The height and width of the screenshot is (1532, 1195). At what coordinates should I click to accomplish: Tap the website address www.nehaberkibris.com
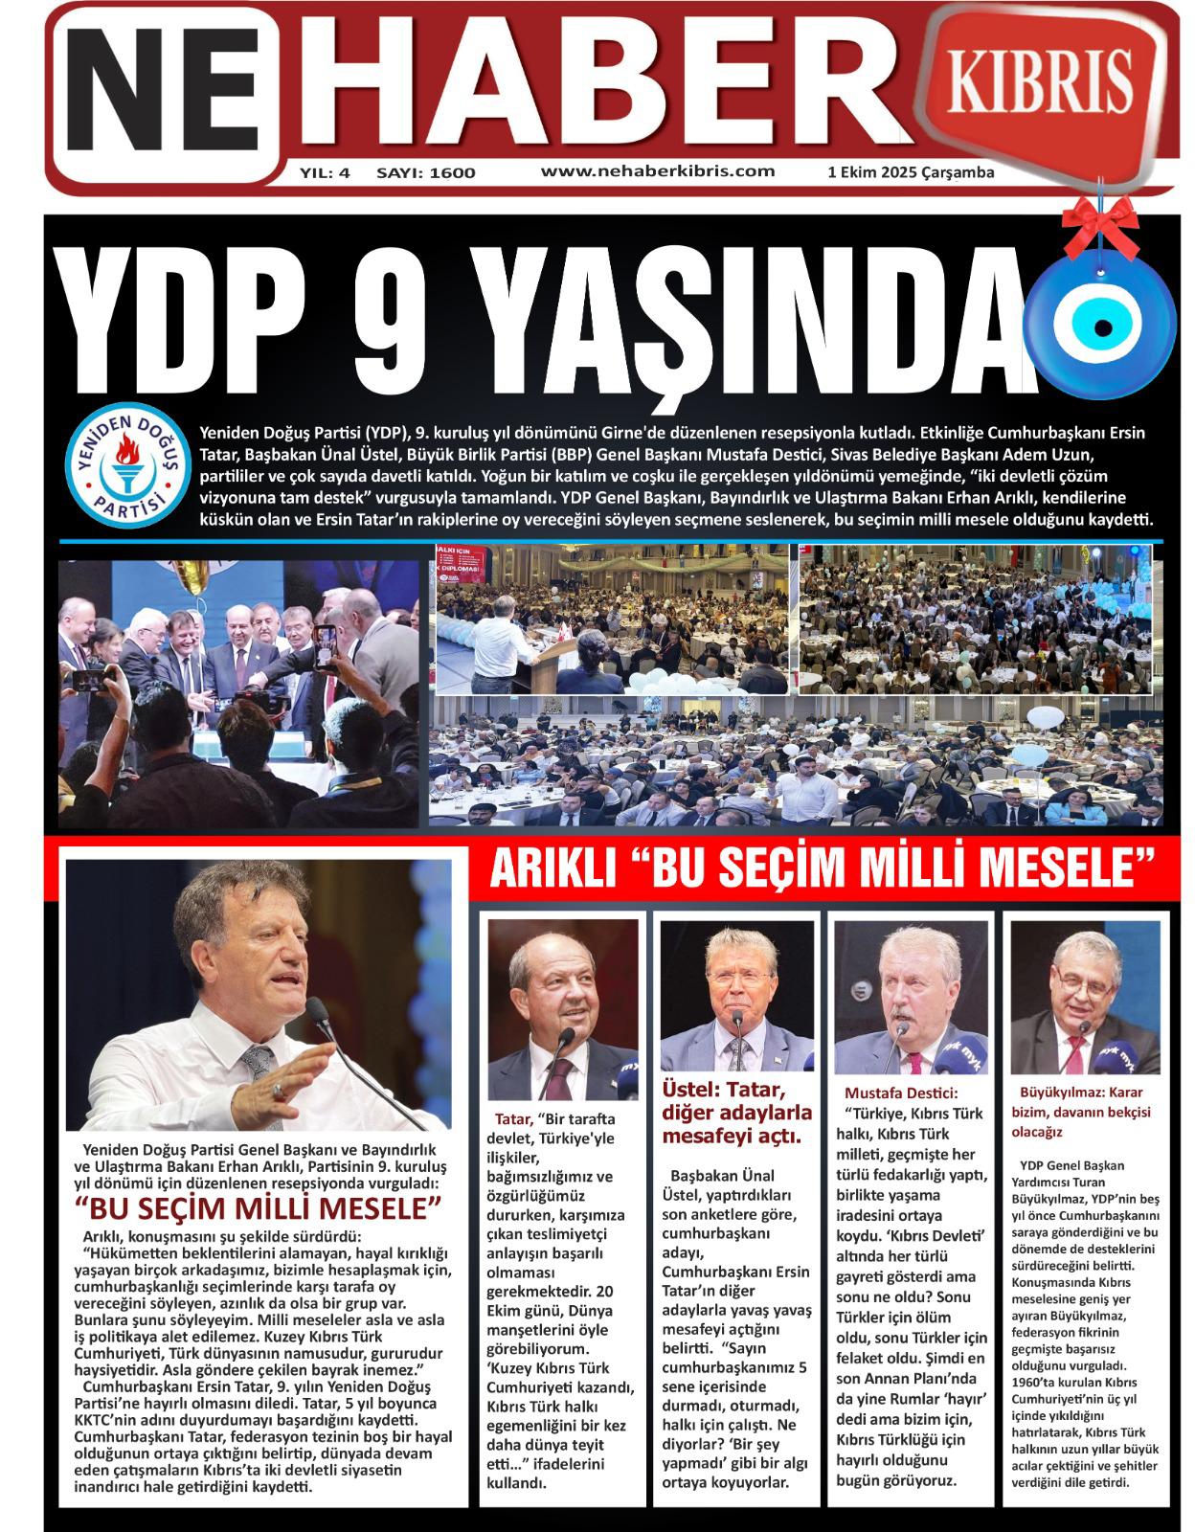(657, 170)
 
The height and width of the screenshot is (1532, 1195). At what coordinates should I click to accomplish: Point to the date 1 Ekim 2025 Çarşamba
(910, 173)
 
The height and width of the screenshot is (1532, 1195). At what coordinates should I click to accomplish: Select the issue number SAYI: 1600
(426, 173)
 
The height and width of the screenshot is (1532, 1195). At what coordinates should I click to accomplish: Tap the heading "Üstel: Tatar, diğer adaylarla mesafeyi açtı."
(736, 1112)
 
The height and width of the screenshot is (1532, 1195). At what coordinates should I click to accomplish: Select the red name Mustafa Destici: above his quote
(900, 1093)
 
